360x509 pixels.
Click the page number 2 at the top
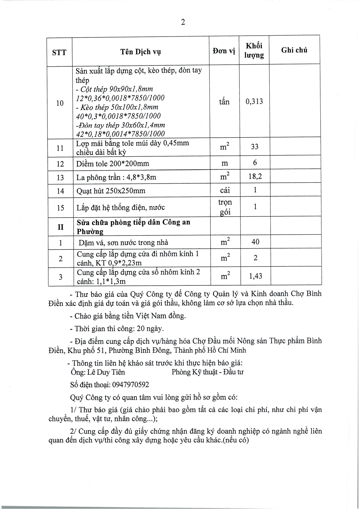click(183, 22)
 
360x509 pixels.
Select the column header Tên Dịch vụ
click(141, 52)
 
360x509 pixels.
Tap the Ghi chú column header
click(294, 50)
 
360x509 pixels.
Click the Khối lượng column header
click(254, 50)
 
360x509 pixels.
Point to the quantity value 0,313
click(254, 102)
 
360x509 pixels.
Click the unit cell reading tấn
click(224, 102)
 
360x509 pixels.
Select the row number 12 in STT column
click(60, 164)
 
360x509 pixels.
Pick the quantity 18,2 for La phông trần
click(255, 176)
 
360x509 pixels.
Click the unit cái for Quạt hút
click(225, 190)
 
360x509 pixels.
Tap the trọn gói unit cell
click(225, 207)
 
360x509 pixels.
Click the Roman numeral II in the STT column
click(60, 227)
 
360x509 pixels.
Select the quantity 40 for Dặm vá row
click(255, 242)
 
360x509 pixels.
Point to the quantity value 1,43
click(256, 276)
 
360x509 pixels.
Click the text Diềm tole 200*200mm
click(113, 164)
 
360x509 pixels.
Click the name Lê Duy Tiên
click(106, 372)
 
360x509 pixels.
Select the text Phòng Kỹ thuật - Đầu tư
click(207, 372)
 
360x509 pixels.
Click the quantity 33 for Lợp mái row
click(255, 146)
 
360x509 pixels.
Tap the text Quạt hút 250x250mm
click(111, 191)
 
